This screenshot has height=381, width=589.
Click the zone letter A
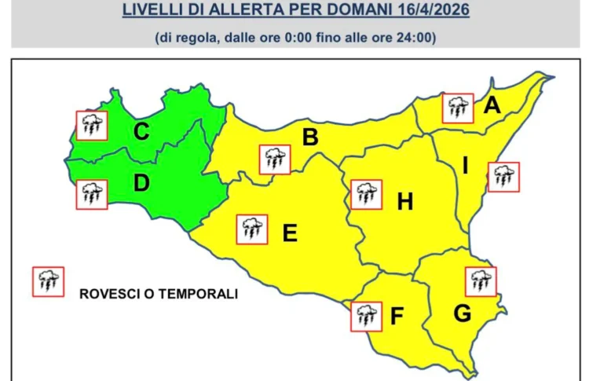coord(492,104)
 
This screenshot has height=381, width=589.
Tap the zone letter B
coord(310,138)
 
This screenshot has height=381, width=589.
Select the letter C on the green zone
coord(141,132)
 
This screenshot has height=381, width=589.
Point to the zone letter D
coord(141,184)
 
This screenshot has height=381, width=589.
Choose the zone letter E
coord(290,233)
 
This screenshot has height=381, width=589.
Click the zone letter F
coord(397,317)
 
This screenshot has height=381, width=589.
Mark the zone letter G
coord(463,313)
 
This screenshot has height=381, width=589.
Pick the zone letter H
coord(404,203)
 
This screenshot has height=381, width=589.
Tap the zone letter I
coord(465,166)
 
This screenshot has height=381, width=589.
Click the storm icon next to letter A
coord(458,108)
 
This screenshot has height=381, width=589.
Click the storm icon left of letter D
coord(91,194)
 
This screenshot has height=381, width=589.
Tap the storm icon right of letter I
coord(503,177)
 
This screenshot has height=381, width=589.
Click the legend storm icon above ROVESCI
coord(48,281)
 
